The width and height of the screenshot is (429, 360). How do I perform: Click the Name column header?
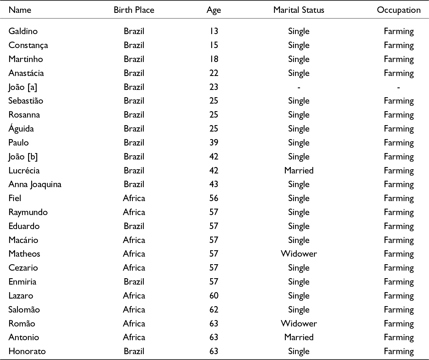coord(20,10)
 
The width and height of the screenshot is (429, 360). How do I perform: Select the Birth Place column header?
coord(134,10)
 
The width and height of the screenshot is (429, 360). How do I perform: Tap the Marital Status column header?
coord(299,10)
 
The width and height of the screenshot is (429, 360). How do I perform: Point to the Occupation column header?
coord(399,10)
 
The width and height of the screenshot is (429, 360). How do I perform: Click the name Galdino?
coord(23,31)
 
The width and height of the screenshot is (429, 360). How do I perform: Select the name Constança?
coord(28,45)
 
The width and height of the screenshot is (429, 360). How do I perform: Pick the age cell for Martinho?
coord(214,59)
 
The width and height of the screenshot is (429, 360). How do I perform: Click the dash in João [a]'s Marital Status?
coord(299,87)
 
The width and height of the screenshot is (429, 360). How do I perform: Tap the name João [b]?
coord(23,157)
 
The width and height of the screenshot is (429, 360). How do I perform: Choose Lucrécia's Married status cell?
coord(299,170)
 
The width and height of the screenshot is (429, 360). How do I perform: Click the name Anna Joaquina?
coord(35,184)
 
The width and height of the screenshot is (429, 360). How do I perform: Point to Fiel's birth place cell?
coord(134,198)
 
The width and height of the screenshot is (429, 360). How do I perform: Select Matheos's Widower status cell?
coord(299,254)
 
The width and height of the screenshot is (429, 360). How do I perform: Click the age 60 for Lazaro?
coord(214,296)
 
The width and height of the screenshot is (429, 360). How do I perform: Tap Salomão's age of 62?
coord(214,310)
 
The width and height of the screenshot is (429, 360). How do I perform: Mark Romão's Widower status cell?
coord(299,324)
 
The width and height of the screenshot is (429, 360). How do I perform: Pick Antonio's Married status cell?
coord(299,337)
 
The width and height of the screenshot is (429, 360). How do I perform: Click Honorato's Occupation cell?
coord(399,351)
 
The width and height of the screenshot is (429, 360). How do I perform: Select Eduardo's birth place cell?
coord(134,226)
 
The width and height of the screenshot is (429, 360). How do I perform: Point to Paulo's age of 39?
coord(214,143)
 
